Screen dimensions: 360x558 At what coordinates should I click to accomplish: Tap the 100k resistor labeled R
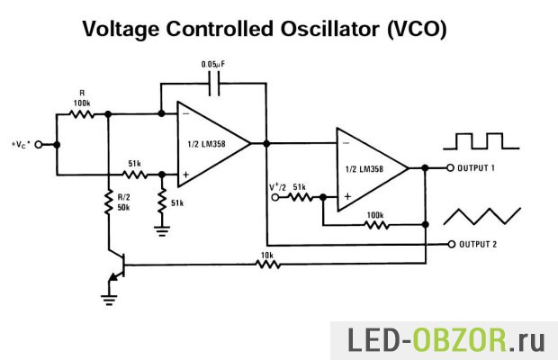coord(81,114)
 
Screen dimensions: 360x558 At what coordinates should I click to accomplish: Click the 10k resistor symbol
coord(267,264)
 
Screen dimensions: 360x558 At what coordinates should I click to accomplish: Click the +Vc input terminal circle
coord(39,144)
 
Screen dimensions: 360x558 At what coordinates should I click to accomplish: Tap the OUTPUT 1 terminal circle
coord(451,167)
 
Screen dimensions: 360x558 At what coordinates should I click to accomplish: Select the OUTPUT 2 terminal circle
coord(451,244)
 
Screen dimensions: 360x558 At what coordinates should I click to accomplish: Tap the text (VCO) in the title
coord(417,29)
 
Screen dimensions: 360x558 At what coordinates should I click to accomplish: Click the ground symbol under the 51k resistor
coord(162,229)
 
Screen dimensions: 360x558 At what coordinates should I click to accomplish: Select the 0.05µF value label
coord(214,65)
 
